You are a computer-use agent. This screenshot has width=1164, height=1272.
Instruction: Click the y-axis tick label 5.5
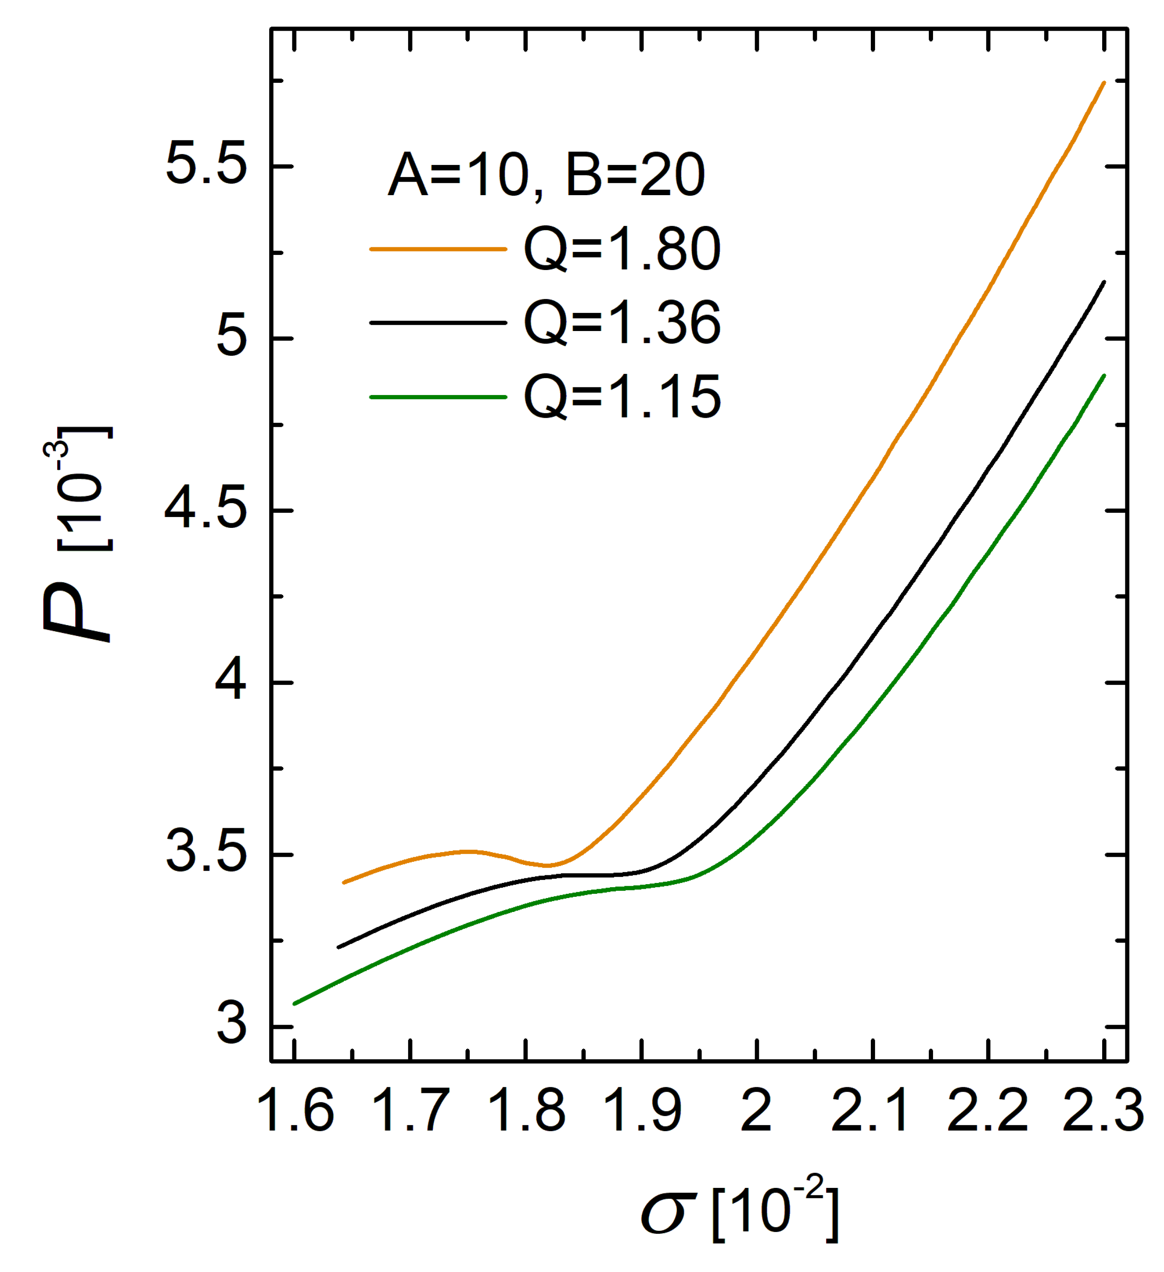click(x=205, y=167)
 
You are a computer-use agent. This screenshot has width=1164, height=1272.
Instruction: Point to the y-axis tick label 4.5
click(x=205, y=511)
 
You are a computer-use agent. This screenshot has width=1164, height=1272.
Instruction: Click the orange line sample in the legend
click(x=438, y=249)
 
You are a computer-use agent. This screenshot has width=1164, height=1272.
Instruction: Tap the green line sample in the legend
click(x=438, y=397)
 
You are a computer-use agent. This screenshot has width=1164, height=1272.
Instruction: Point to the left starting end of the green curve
click(x=294, y=1003)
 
